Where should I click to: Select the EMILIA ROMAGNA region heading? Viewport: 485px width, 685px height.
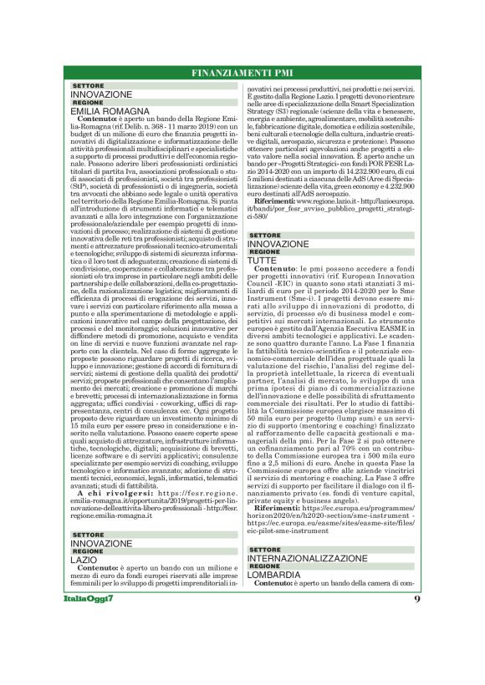110,110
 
